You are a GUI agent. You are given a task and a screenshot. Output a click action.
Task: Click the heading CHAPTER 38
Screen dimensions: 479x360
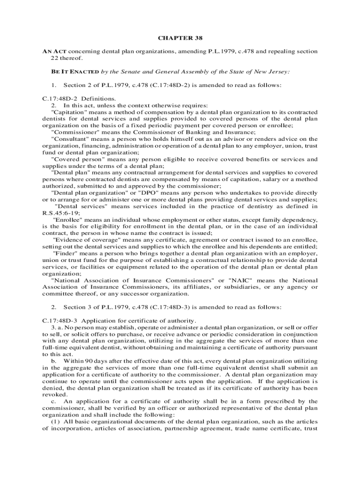pyautogui.click(x=180, y=38)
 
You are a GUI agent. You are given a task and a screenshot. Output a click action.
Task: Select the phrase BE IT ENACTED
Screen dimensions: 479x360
pyautogui.click(x=75, y=72)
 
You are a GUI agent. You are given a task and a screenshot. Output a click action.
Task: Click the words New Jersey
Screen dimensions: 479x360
pyautogui.click(x=270, y=72)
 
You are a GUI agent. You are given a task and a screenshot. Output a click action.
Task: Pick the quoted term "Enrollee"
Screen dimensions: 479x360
pyautogui.click(x=67, y=219)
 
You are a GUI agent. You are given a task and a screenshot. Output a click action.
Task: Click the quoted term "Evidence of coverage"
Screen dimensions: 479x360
pyautogui.click(x=87, y=239)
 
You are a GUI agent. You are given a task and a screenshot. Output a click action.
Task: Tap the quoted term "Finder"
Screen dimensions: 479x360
pyautogui.click(x=65, y=253)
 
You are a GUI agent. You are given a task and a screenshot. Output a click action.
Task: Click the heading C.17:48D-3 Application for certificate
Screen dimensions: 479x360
pyautogui.click(x=119, y=320)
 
